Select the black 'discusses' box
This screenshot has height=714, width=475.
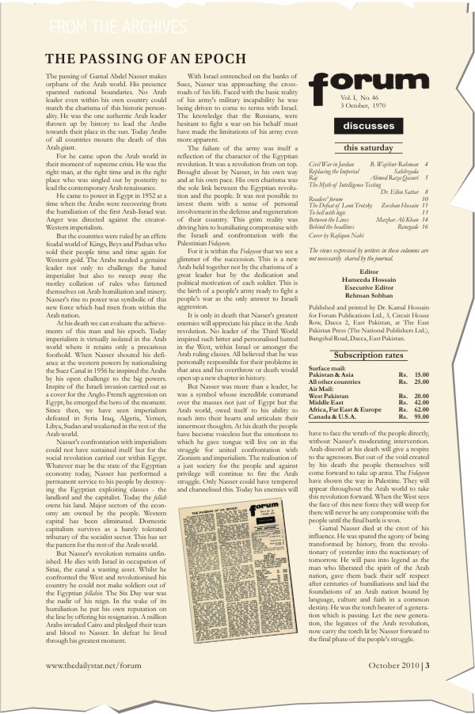(x=367, y=126)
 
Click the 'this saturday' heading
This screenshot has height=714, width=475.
(x=367, y=148)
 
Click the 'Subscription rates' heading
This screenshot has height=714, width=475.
(x=367, y=355)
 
